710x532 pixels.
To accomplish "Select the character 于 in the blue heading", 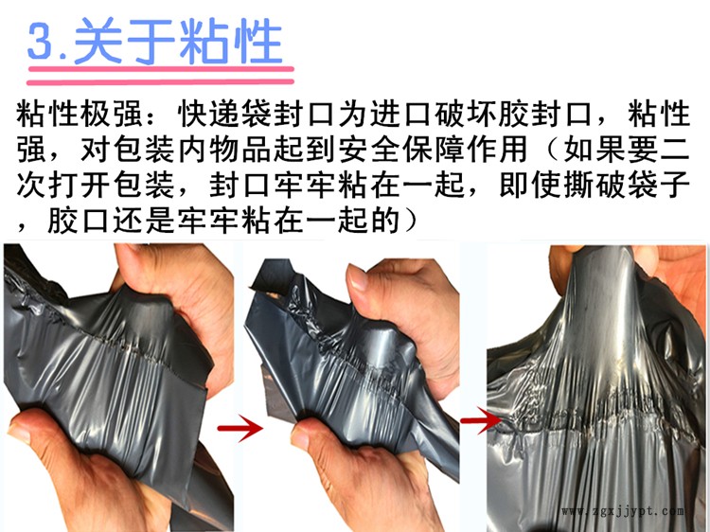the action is coord(151,41).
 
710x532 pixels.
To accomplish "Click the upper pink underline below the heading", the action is coord(161,69).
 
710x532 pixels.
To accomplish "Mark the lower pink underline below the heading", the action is coord(160,82).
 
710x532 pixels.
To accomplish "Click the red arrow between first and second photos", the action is coord(240,428).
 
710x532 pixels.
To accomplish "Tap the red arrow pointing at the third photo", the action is coord(481,420).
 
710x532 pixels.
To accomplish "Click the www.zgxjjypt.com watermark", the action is coord(623,511).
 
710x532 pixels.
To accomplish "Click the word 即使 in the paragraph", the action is coord(530,185).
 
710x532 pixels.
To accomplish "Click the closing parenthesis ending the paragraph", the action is coord(409,221).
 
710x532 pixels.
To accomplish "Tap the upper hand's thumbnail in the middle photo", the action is coord(358,277).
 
